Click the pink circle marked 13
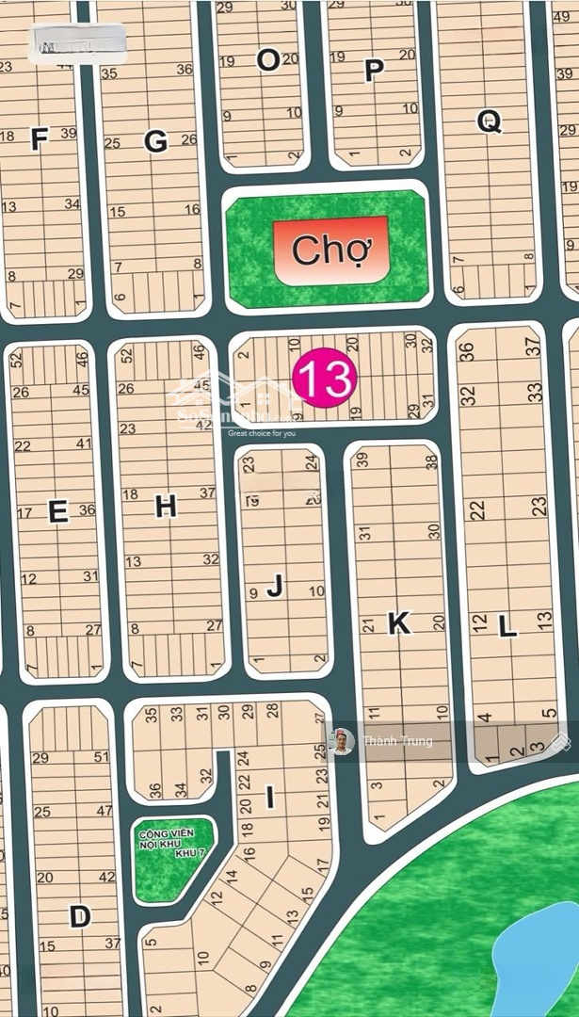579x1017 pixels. click(x=325, y=379)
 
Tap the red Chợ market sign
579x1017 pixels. click(x=329, y=250)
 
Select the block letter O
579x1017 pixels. click(x=268, y=60)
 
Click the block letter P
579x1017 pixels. click(x=374, y=71)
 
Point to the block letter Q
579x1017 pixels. click(x=490, y=121)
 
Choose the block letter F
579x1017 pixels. click(x=39, y=140)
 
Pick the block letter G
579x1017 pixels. click(x=155, y=141)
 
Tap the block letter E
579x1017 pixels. click(x=57, y=511)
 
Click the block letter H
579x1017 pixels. click(x=166, y=507)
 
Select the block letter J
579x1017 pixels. click(x=275, y=587)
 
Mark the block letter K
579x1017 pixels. click(x=399, y=622)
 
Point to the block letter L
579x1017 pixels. click(x=507, y=626)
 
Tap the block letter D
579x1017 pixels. click(x=80, y=916)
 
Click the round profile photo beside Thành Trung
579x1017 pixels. click(x=342, y=742)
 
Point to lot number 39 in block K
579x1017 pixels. click(x=362, y=460)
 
